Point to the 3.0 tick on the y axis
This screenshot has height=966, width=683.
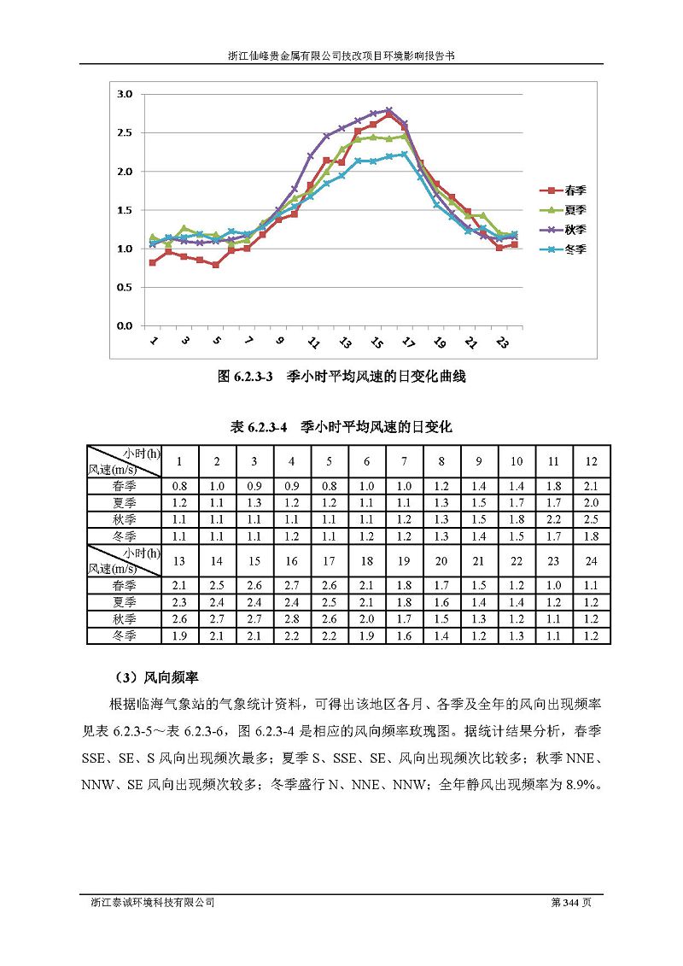pyautogui.click(x=125, y=94)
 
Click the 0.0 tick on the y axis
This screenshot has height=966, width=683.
pyautogui.click(x=125, y=326)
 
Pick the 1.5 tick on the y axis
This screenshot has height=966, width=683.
pyautogui.click(x=125, y=210)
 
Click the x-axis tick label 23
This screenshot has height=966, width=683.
pyautogui.click(x=502, y=342)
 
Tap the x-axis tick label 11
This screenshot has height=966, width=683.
pyautogui.click(x=312, y=342)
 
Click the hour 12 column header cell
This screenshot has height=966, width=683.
pyautogui.click(x=591, y=461)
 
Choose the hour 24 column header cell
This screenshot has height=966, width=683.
pyautogui.click(x=591, y=561)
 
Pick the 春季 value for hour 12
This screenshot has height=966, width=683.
pyautogui.click(x=591, y=486)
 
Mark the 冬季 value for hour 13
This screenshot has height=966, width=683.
pyautogui.click(x=179, y=635)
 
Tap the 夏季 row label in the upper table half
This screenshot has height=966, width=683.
pyautogui.click(x=124, y=503)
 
